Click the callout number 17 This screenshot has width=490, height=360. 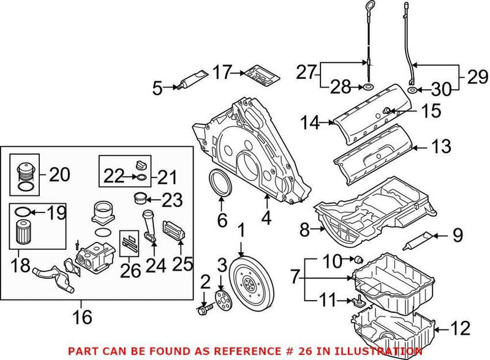222,72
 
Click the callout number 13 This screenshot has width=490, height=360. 441,146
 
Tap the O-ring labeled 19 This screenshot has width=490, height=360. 21,213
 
